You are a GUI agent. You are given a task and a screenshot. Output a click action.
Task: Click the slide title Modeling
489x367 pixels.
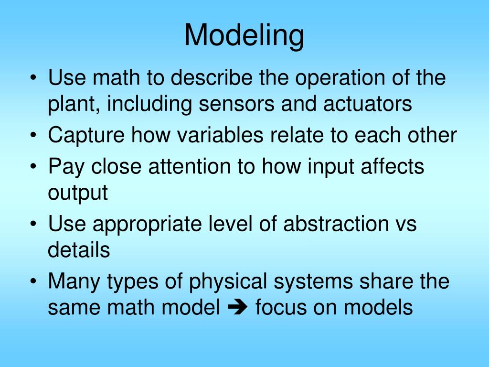[244, 35]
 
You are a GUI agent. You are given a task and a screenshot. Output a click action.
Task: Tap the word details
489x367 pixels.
[79, 250]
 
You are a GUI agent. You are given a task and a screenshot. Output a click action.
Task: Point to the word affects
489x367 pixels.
[390, 167]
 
